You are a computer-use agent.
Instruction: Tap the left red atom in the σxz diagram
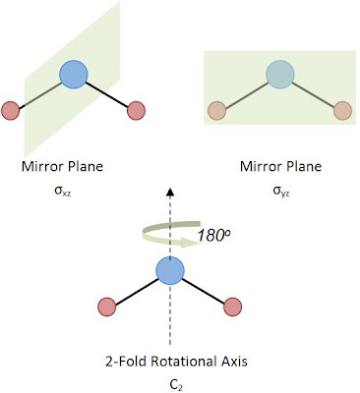coord(11,109)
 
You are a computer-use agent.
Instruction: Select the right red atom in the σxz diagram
coord(136,108)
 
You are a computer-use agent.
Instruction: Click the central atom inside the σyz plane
coord(279,76)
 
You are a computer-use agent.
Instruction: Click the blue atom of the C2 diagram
coord(170,270)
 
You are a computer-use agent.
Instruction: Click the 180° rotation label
coord(210,237)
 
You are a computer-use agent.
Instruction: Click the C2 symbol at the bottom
coord(170,380)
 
